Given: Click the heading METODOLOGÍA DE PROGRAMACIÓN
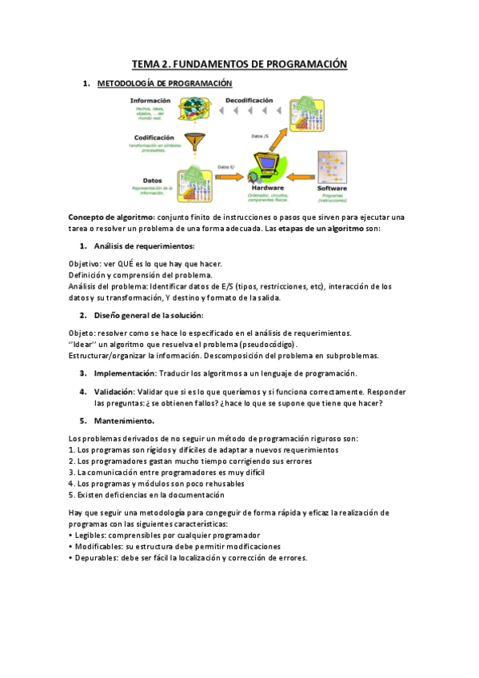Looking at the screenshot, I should point(164,83).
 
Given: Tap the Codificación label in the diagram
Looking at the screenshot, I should point(154,137).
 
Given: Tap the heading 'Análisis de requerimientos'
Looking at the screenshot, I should point(144,245).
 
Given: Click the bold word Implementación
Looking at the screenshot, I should point(125,373).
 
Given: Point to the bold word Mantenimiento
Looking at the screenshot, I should point(124,421).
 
